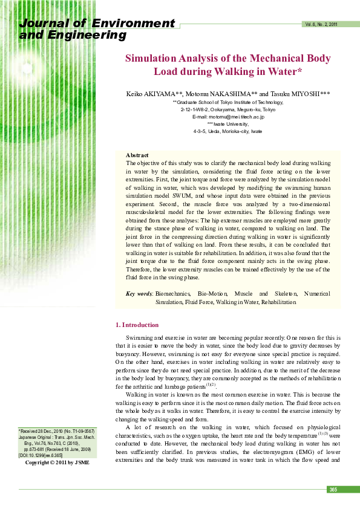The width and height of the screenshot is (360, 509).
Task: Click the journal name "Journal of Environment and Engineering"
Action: click(x=97, y=29)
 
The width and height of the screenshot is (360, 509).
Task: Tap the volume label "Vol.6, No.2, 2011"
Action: click(x=321, y=24)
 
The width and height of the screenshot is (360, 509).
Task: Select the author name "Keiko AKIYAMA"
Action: click(x=149, y=95)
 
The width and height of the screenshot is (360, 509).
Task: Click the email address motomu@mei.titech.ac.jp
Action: click(x=228, y=117)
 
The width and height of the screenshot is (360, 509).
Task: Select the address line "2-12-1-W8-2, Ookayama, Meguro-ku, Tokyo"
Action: click(x=228, y=110)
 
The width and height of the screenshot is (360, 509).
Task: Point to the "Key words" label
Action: click(x=139, y=294)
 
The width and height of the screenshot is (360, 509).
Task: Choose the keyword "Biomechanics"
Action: click(x=172, y=294)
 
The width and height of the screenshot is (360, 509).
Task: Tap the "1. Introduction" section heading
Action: click(x=137, y=325)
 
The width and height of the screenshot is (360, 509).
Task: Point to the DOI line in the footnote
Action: click(x=41, y=455)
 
